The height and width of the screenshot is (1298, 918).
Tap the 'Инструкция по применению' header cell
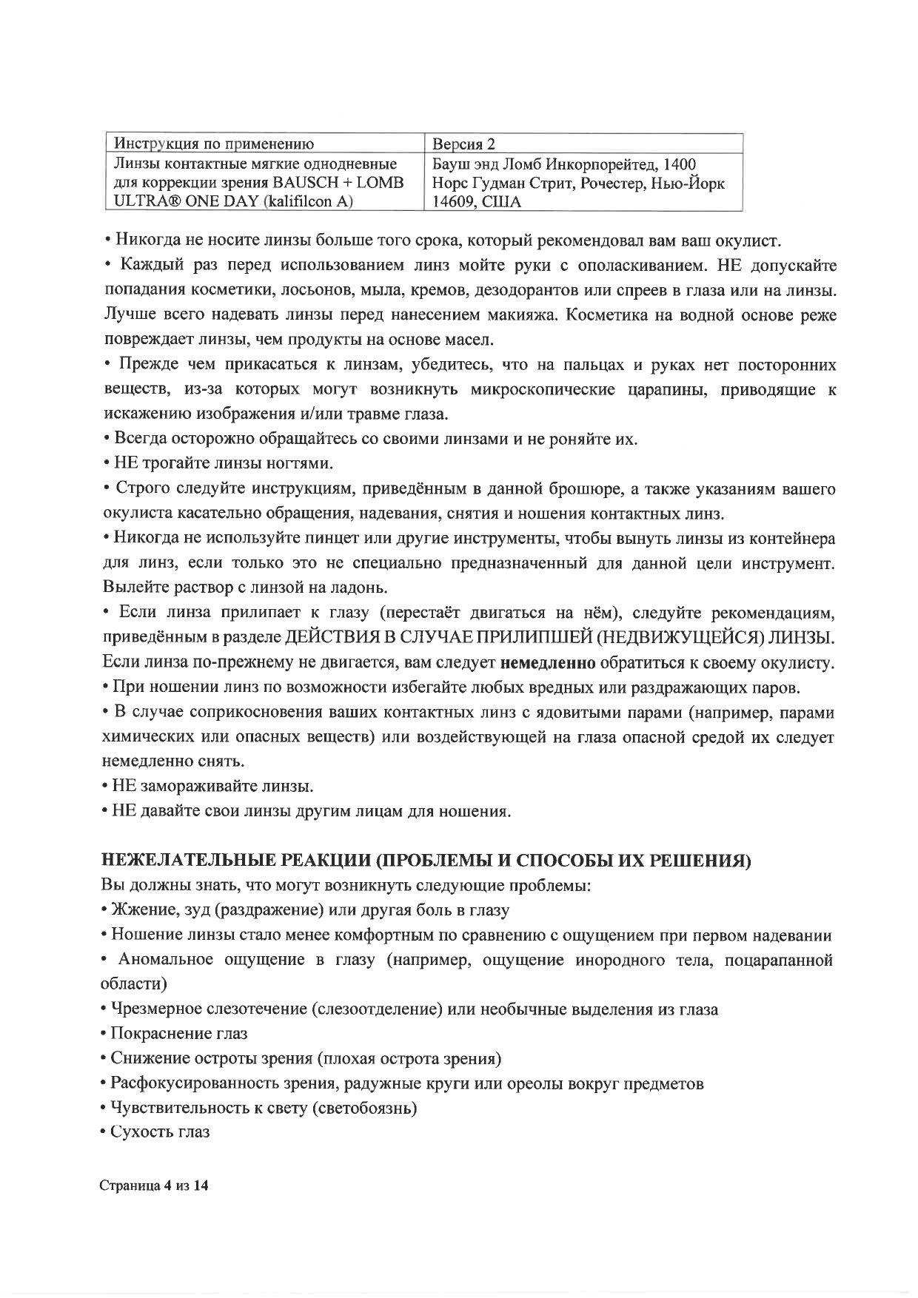click(211, 144)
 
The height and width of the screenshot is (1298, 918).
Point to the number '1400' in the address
click(678, 163)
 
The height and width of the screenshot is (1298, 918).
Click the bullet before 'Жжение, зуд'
click(104, 910)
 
